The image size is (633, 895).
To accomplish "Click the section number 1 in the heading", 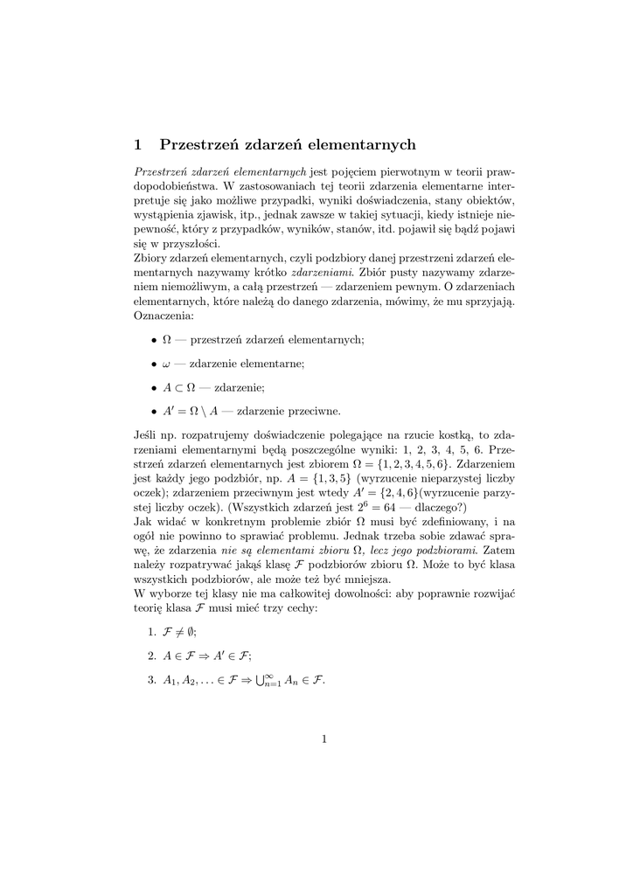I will (x=137, y=144).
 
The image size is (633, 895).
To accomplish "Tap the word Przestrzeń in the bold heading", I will (x=199, y=144).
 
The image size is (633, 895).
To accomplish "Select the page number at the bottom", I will (x=323, y=739).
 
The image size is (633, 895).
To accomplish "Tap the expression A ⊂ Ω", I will (x=180, y=386).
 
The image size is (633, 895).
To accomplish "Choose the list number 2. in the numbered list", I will (x=151, y=655).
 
